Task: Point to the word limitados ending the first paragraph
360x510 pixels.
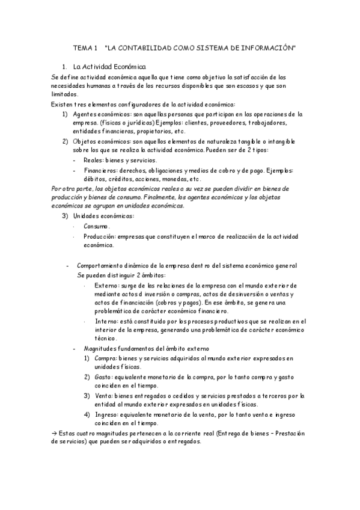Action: coord(64,94)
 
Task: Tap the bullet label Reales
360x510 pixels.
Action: coord(93,160)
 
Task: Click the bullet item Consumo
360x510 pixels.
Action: coord(96,226)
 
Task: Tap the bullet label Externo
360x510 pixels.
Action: coord(106,285)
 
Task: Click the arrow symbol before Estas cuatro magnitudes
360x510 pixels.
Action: coord(53,434)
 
